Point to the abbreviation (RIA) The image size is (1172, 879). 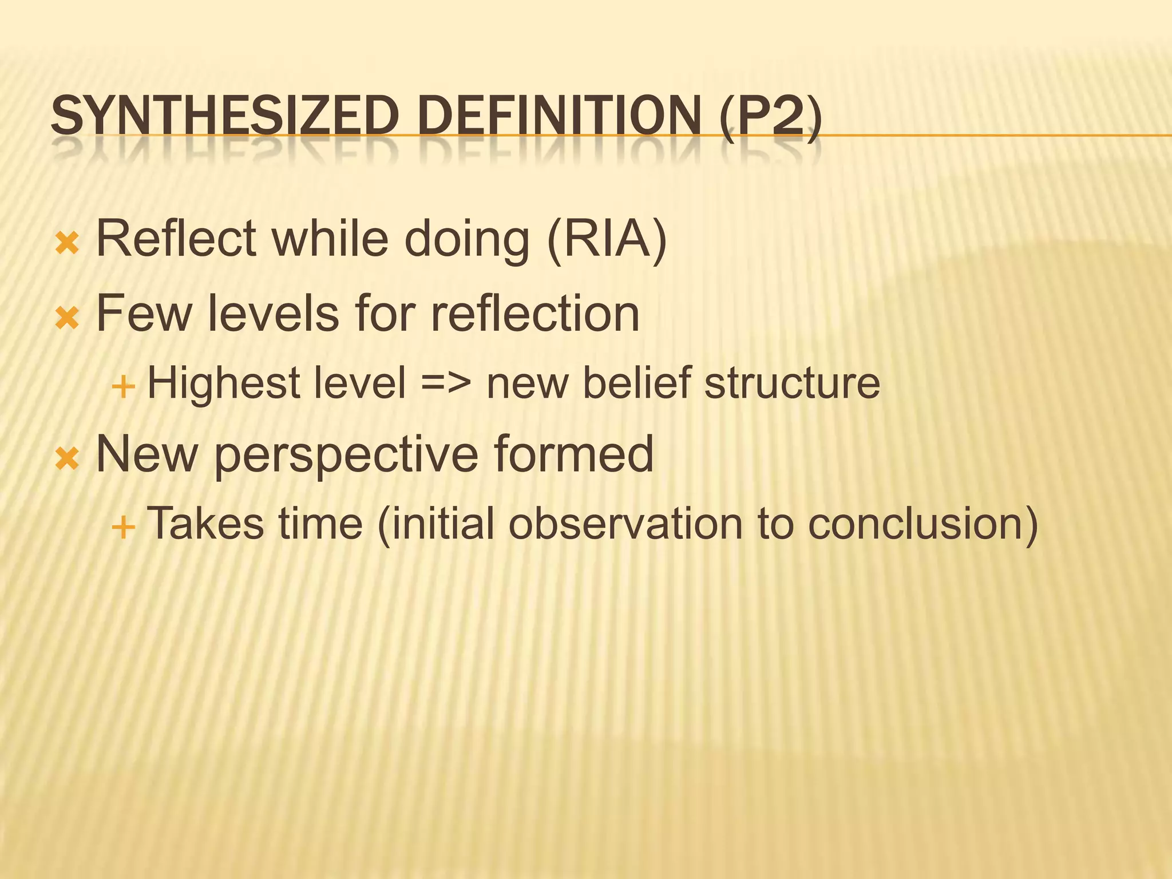pos(607,239)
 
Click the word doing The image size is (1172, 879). pos(466,239)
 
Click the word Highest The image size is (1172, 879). pos(224,383)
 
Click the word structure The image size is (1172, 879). pos(792,383)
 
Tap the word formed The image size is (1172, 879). pos(573,453)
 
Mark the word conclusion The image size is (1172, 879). pos(922,523)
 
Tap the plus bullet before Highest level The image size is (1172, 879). pos(123,387)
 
